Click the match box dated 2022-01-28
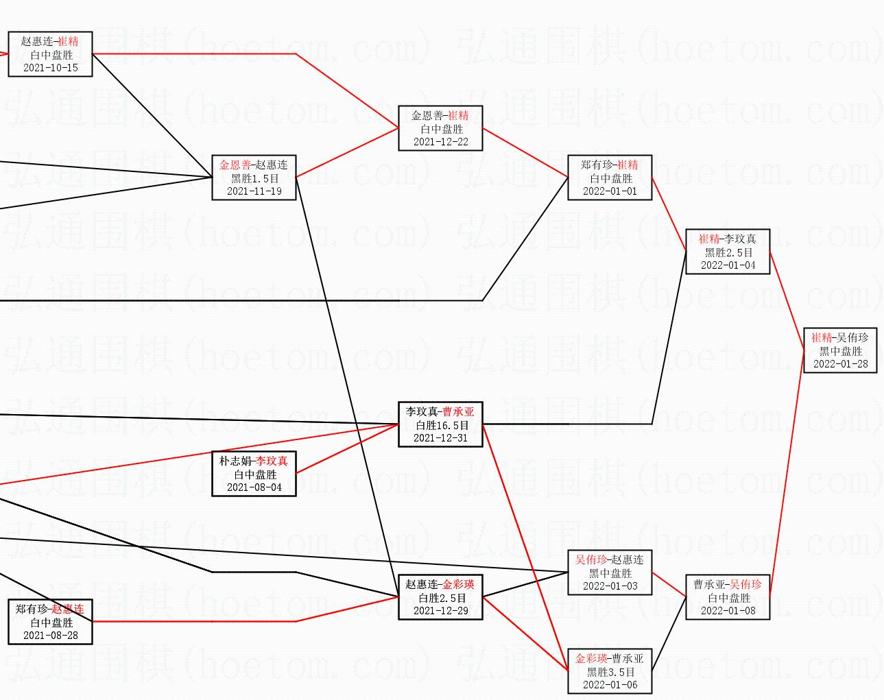(x=839, y=350)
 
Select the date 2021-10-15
(x=51, y=68)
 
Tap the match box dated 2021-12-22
(x=440, y=128)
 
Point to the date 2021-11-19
(x=254, y=191)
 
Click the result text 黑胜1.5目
(x=254, y=178)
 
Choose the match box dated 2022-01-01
(x=610, y=178)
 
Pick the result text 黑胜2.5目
(x=728, y=252)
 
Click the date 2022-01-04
(x=728, y=265)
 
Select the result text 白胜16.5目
(x=440, y=425)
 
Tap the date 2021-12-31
(x=440, y=438)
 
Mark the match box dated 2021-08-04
(x=254, y=474)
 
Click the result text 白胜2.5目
(x=440, y=598)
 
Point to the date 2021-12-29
(x=440, y=611)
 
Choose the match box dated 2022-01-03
(x=610, y=572)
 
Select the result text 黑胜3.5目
(x=610, y=672)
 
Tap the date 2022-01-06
(x=610, y=685)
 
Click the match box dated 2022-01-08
(x=728, y=597)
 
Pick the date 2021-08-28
(x=51, y=636)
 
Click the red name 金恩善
(x=235, y=165)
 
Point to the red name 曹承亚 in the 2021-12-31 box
(x=458, y=412)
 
